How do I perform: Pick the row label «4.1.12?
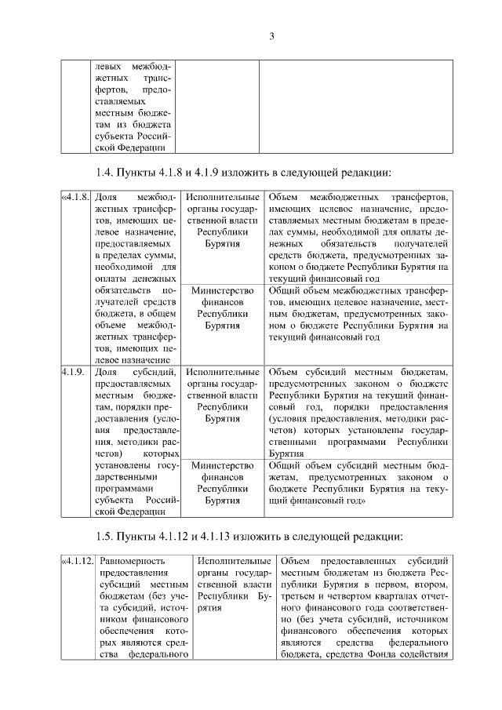pyautogui.click(x=78, y=561)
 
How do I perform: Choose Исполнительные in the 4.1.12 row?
pyautogui.click(x=234, y=561)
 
